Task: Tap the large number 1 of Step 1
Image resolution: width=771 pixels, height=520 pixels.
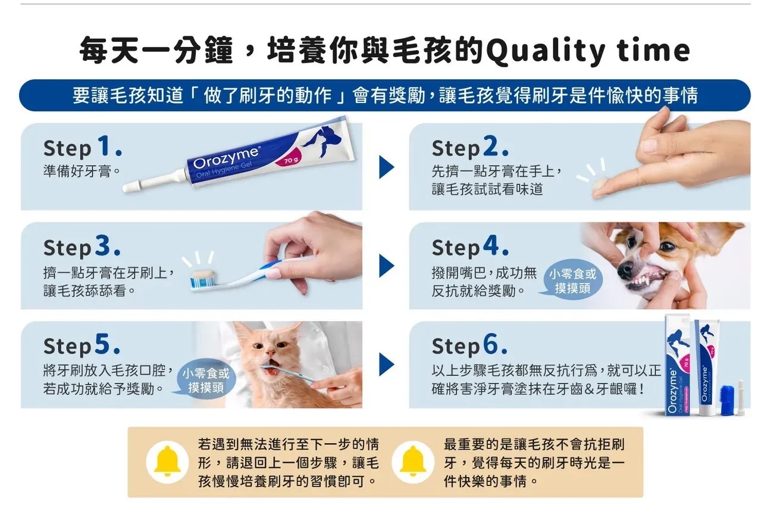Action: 104,145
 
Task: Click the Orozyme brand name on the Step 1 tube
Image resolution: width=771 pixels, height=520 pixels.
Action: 226,158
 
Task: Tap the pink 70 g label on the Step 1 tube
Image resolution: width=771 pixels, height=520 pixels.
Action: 292,160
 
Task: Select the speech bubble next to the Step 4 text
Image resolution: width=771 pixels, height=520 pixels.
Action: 572,280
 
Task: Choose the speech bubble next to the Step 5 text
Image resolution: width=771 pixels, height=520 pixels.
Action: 205,380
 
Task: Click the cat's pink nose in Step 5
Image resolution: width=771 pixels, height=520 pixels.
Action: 271,353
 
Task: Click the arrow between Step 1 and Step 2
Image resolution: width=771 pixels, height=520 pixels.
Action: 386,167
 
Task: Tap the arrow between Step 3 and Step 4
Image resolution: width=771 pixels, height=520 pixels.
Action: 386,266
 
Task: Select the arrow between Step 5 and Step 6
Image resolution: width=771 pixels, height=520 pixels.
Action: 386,365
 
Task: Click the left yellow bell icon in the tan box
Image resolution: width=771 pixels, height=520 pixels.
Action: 167,462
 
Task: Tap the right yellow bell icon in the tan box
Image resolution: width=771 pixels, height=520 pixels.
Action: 413,462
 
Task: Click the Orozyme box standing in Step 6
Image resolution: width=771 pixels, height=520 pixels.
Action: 678,365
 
